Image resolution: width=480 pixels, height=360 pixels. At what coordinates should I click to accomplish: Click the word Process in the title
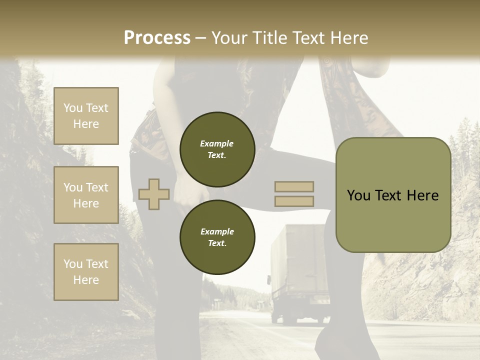pyautogui.click(x=157, y=38)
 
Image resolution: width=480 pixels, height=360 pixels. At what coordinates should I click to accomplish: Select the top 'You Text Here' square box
pyautogui.click(x=86, y=116)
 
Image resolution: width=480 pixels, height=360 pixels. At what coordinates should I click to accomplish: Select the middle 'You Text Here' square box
pyautogui.click(x=86, y=195)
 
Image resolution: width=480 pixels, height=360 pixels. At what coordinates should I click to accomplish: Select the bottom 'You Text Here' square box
pyautogui.click(x=86, y=272)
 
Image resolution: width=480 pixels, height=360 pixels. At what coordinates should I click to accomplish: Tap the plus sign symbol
pyautogui.click(x=154, y=194)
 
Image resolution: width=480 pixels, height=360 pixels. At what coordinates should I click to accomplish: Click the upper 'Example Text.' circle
pyautogui.click(x=217, y=149)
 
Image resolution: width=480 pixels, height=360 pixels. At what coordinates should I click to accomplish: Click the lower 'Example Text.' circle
pyautogui.click(x=217, y=237)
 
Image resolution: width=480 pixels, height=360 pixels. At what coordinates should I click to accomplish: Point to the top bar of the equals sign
pyautogui.click(x=294, y=186)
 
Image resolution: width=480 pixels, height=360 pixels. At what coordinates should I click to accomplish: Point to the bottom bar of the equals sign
pyautogui.click(x=294, y=201)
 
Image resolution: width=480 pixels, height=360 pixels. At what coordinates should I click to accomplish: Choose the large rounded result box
pyautogui.click(x=393, y=195)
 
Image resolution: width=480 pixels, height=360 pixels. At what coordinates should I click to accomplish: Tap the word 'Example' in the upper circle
pyautogui.click(x=217, y=143)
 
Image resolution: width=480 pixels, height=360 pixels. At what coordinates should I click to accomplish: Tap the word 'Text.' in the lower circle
pyautogui.click(x=217, y=243)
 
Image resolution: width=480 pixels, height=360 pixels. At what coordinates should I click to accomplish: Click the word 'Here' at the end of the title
pyautogui.click(x=349, y=38)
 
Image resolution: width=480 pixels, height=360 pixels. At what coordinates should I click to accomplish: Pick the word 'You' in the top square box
pyautogui.click(x=73, y=108)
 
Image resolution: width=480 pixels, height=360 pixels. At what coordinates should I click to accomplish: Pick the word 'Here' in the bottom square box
pyautogui.click(x=86, y=280)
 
